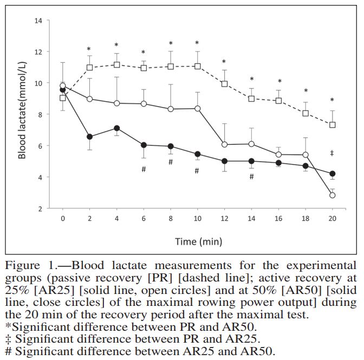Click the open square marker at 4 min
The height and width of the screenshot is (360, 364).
116,64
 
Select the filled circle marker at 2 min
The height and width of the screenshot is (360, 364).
89,137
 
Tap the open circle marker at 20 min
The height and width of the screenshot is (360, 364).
332,195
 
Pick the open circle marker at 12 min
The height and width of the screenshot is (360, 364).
224,145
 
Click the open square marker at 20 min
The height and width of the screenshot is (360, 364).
332,125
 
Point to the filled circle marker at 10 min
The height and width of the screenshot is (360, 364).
197,154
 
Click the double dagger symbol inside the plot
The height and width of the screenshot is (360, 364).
332,154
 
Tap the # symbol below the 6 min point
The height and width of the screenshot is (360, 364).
144,169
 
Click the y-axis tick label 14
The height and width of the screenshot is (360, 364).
38,21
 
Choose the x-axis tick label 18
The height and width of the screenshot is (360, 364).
305,218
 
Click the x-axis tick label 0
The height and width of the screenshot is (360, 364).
63,218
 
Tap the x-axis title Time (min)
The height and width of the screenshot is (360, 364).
197,241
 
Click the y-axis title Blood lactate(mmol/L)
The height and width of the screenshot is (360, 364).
22,114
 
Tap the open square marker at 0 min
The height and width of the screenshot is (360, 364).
63,98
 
